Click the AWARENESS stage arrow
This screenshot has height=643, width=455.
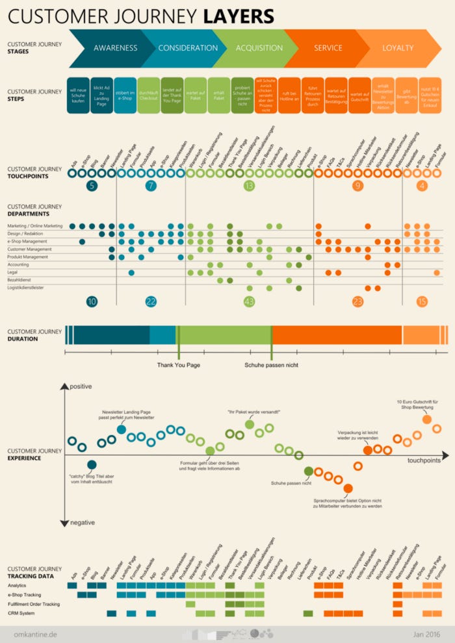click(x=114, y=48)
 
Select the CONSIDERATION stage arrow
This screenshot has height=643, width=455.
click(x=188, y=48)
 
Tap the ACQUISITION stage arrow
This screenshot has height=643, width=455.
click(x=259, y=48)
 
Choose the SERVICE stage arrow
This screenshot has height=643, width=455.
click(x=328, y=48)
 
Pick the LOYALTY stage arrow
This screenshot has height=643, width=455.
click(x=398, y=48)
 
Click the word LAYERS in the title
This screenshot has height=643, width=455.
click(x=237, y=16)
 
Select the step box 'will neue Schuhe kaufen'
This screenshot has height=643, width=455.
click(x=78, y=95)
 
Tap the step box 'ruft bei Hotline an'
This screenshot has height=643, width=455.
click(x=289, y=95)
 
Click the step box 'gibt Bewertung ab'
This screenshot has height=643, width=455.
click(x=406, y=95)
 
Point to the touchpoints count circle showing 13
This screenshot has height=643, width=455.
click(x=249, y=186)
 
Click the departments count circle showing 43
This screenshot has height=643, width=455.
click(x=249, y=301)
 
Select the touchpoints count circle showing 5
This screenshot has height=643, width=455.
click(x=92, y=186)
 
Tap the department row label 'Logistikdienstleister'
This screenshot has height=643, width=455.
click(x=35, y=287)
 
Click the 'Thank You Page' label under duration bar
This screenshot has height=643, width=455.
click(x=178, y=365)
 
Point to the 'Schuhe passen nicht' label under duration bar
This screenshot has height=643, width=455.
click(x=271, y=365)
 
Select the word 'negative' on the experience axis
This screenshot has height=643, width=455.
click(x=83, y=522)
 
